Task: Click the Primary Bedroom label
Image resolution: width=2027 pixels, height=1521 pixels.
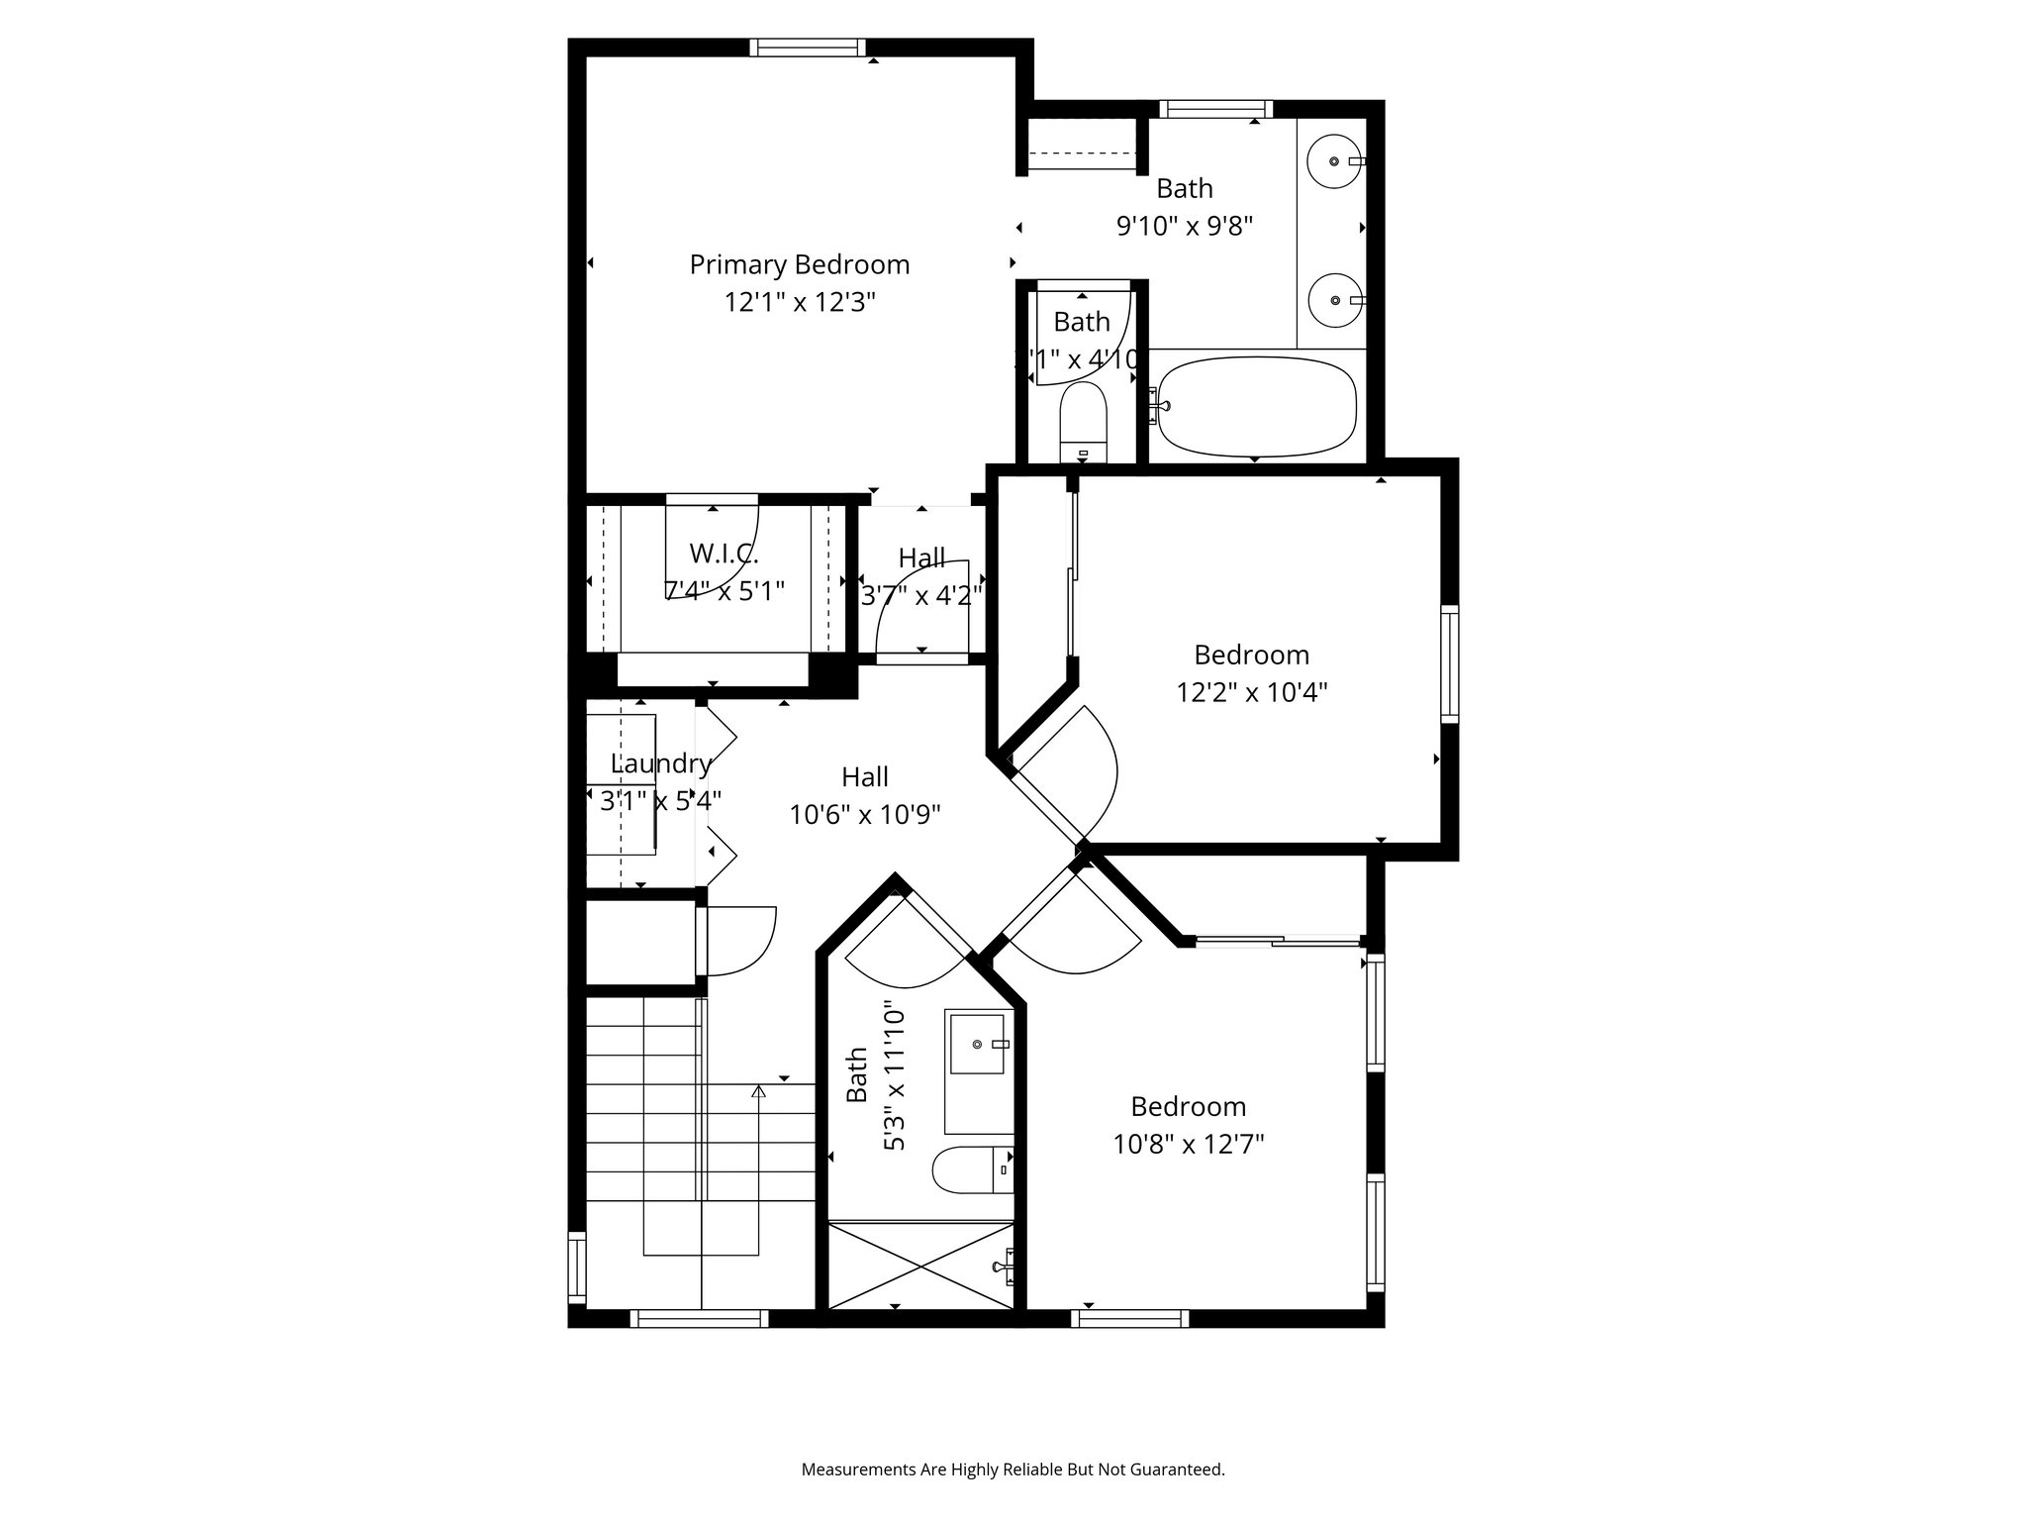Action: pos(799,264)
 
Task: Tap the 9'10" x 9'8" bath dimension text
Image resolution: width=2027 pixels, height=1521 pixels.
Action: pos(1185,226)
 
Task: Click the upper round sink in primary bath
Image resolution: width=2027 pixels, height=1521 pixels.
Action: pos(1333,161)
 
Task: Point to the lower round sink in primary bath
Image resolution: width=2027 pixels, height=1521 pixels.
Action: pos(1333,300)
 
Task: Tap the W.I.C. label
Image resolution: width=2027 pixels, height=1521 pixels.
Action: pos(724,554)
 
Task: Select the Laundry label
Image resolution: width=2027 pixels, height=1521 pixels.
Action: pos(660,763)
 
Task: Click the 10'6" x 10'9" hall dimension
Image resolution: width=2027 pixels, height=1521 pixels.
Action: pos(864,815)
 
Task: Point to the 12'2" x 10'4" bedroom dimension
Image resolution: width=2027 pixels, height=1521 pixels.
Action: pos(1251,692)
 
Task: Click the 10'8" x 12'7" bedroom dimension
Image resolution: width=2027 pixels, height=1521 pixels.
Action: pos(1188,1145)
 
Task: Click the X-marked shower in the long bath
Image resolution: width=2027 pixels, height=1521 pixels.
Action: pos(920,1266)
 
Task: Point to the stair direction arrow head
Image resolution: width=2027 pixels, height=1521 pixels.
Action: pos(759,1091)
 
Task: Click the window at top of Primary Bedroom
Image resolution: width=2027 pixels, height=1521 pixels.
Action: pos(807,48)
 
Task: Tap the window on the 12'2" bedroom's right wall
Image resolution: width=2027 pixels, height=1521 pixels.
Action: pos(1449,662)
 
